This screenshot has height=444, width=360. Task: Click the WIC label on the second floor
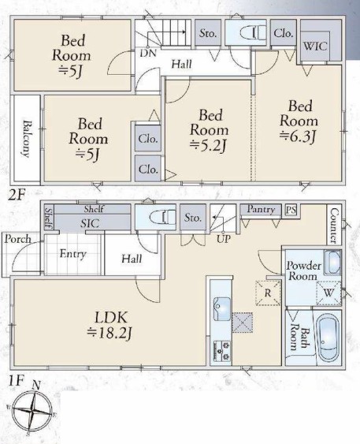315,46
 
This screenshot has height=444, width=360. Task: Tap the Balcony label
27,139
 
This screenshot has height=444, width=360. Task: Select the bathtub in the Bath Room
328,338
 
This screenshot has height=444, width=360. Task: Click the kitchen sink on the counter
221,308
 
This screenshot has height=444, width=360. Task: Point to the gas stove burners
221,351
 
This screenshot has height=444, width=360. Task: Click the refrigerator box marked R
268,293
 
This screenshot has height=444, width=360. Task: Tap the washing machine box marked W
328,293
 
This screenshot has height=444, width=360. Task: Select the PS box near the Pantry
291,210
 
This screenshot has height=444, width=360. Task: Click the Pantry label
261,210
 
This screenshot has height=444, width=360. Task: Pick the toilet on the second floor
253,32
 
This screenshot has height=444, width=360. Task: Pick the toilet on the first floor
162,218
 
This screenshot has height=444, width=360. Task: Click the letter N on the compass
36,385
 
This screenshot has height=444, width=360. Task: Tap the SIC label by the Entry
90,224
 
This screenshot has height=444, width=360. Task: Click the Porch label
17,239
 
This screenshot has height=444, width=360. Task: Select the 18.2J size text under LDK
109,333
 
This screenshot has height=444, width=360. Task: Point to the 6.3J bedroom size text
298,136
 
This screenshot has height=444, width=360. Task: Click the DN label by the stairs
148,54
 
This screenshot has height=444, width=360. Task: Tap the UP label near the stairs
224,240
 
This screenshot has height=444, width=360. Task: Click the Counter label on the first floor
334,226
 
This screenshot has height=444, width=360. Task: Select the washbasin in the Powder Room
332,263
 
